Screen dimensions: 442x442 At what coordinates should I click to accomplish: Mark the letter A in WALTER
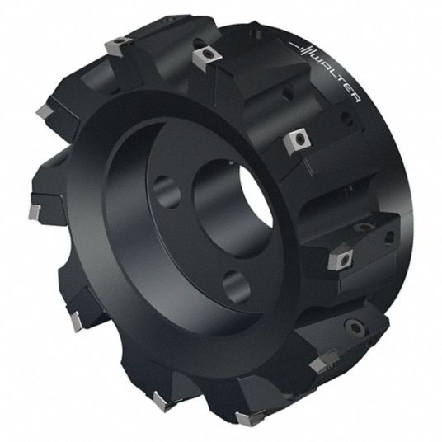click(x=327, y=67)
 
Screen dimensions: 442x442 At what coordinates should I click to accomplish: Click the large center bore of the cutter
click(x=234, y=209)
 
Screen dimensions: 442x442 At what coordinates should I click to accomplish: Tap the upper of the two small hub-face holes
click(x=167, y=192)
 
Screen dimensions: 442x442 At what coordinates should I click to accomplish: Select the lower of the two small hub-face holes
click(x=236, y=287)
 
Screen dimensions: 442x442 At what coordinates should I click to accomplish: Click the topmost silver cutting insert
click(x=119, y=45)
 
